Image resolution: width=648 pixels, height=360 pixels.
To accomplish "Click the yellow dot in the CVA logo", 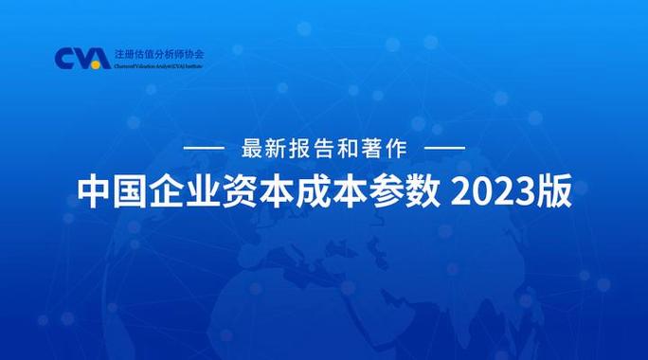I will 97,64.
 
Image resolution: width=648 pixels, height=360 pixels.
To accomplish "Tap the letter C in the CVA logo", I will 64,58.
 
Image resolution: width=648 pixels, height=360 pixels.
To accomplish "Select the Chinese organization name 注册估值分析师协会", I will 157,53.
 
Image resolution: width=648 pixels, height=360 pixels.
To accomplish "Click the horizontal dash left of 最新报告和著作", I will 202,150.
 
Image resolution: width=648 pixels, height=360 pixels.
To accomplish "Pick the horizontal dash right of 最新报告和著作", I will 444,150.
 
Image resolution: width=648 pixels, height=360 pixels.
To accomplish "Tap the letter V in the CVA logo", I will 81,58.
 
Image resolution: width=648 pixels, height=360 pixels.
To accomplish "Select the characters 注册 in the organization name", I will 123,53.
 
